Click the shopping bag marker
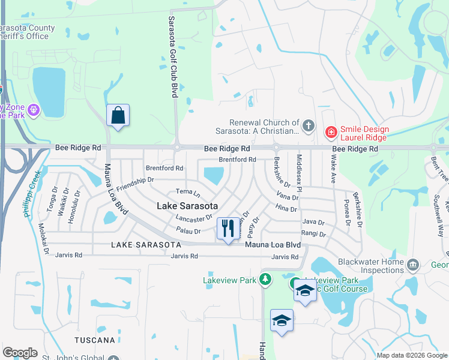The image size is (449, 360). coord(118,116)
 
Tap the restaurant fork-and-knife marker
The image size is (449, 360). coord(227,229)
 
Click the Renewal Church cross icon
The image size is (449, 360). coord(309,126)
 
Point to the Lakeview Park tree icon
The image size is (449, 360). coord(264,279)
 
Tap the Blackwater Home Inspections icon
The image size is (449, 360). coord(412,265)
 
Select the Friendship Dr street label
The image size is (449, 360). coord(136,184)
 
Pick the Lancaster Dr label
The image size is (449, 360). coord(194,217)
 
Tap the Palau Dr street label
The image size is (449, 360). coord(188,230)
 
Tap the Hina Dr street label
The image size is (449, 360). coord(286,208)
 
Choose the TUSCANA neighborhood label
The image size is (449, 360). coord(94,340)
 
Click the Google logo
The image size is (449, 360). coord(20,353)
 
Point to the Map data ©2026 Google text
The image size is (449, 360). coord(411,355)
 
